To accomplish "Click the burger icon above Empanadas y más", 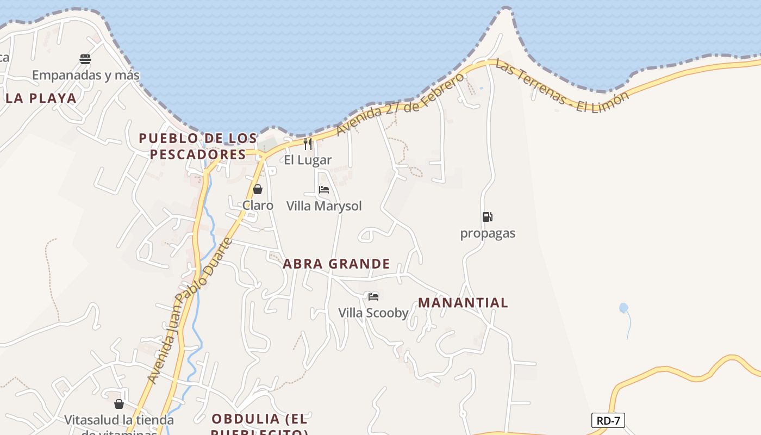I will [85, 59].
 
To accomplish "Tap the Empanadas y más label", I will [86, 75].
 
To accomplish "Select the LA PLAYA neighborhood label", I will [41, 98].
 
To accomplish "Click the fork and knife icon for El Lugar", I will [308, 144].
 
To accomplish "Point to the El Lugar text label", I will [308, 160].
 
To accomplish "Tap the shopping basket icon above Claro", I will [258, 189].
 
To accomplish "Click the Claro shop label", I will [258, 206].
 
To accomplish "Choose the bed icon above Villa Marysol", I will [324, 190].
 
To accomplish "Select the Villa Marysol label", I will [324, 206].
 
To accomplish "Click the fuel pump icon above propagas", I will [487, 217].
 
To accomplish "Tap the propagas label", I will [488, 233].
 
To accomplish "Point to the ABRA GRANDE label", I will [336, 264].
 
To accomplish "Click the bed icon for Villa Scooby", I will [373, 296].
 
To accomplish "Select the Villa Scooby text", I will [373, 313].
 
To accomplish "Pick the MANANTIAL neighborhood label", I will [463, 303].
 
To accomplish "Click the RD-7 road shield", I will [608, 420].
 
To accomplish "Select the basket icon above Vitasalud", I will [119, 404].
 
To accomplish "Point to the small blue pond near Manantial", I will [623, 308].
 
